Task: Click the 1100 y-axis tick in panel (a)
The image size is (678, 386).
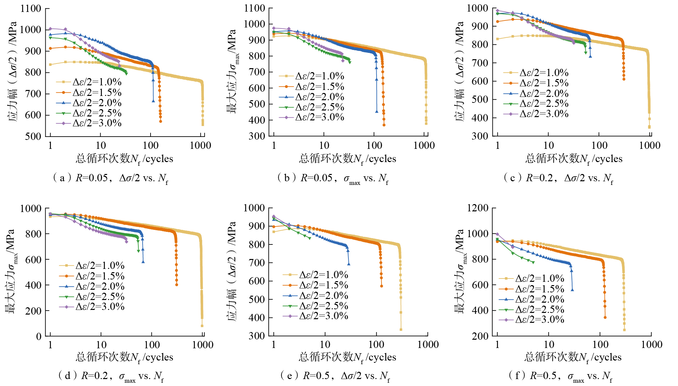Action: (31, 9)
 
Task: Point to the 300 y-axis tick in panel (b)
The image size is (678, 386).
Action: (257, 136)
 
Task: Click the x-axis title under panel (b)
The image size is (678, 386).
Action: (347, 159)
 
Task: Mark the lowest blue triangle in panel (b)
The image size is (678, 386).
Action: (377, 111)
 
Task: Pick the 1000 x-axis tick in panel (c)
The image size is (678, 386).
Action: (650, 146)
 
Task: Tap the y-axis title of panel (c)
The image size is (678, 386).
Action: (460, 71)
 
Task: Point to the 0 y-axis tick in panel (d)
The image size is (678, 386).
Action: (39, 337)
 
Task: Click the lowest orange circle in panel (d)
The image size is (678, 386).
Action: (177, 284)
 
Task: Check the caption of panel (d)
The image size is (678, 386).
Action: (111, 376)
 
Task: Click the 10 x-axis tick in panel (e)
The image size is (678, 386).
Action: (325, 345)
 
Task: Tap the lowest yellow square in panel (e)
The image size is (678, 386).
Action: (401, 329)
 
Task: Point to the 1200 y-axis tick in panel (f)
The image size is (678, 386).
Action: (478, 208)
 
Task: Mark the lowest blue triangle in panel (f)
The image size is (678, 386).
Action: (572, 290)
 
